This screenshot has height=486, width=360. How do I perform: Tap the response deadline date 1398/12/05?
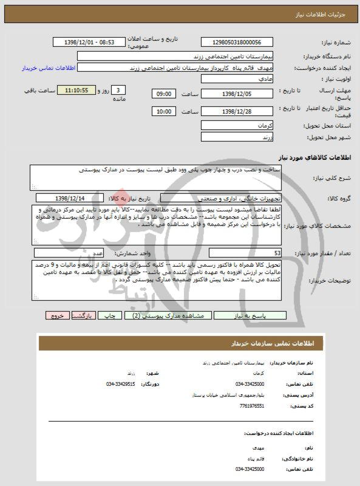[x=234, y=94]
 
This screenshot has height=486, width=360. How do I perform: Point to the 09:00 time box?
[x=163, y=94]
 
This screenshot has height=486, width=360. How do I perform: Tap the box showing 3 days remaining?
[x=117, y=91]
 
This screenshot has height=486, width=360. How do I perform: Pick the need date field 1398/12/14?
[x=70, y=197]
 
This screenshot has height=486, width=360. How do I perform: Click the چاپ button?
[x=112, y=316]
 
